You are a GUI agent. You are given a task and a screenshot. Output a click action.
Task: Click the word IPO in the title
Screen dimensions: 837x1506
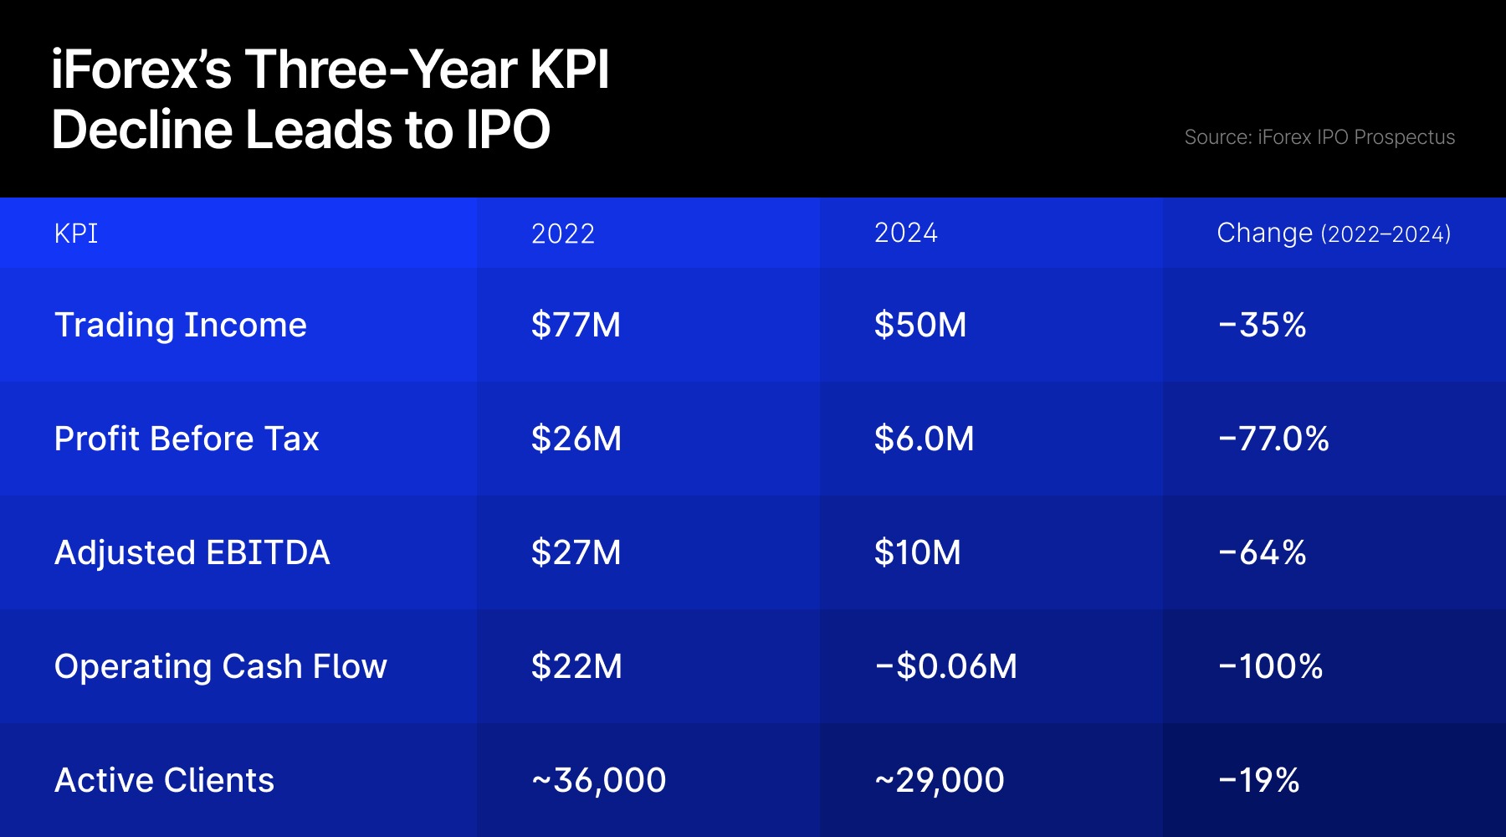coord(508,130)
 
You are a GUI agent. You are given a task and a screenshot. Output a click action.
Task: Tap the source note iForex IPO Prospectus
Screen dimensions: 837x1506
coord(1319,137)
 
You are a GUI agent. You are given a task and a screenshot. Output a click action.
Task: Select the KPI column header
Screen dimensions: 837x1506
coord(76,234)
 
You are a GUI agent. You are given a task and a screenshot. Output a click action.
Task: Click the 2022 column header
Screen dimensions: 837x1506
coord(563,234)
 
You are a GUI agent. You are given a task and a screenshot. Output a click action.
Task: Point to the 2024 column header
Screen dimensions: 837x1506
coord(906,233)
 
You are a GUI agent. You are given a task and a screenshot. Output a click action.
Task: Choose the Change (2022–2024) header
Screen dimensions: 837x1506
coord(1334,234)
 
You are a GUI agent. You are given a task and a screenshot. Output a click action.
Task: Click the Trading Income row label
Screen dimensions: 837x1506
coord(181,325)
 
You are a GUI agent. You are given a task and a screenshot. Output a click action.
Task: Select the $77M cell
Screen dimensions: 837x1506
coord(576,325)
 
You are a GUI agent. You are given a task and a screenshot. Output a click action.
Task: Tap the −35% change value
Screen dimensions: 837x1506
coord(1262,325)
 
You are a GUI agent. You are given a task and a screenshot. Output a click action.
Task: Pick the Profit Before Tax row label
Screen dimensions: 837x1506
coord(187,439)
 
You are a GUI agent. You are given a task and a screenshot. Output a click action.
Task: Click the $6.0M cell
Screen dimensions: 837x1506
coord(924,439)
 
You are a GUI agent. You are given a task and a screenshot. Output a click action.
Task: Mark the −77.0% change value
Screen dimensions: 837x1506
coord(1273,439)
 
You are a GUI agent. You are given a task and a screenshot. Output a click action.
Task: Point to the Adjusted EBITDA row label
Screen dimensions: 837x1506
coord(192,552)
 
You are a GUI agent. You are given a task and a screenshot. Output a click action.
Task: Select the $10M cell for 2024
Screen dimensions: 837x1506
coord(917,552)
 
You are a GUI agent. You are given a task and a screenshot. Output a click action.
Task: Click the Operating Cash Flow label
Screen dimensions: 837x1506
coord(221,666)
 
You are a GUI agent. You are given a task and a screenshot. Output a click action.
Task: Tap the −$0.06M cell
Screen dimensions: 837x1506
coord(945,666)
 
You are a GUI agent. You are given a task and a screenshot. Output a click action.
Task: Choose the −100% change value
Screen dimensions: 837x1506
coord(1270,666)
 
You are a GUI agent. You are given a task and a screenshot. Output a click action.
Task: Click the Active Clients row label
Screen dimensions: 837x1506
coord(165,780)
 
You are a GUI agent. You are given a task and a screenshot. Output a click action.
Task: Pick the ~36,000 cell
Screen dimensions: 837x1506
coord(599,780)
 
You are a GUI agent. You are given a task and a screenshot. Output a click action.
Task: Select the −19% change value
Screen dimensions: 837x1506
coord(1258,780)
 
